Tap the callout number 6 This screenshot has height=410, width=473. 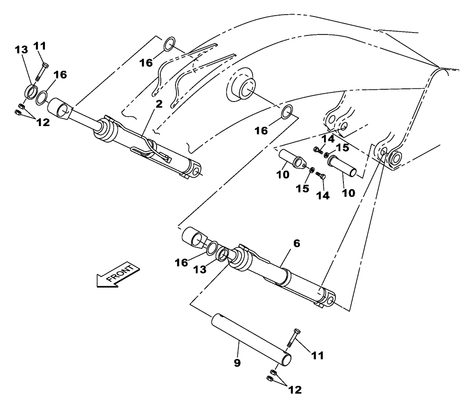pyautogui.click(x=297, y=244)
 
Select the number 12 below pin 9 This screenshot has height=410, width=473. pyautogui.click(x=295, y=390)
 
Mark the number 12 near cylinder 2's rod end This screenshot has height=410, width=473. pyautogui.click(x=43, y=122)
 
